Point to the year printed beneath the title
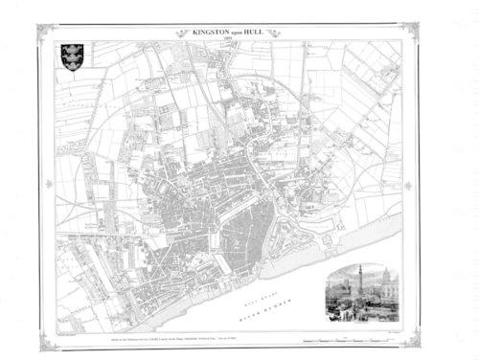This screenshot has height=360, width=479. point(239,38)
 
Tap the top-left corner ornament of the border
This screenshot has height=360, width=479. point(43,31)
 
